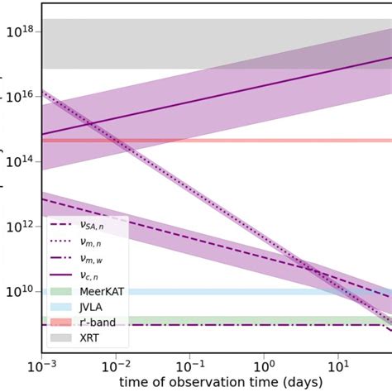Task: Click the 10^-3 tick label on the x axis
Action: click(41, 365)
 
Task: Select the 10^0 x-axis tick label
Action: click(265, 365)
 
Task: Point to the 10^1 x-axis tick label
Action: click(338, 365)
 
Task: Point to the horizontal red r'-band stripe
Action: click(248, 141)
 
